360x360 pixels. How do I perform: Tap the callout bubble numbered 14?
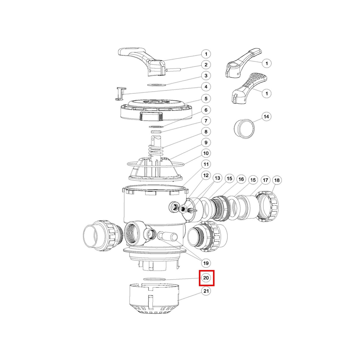[266, 116]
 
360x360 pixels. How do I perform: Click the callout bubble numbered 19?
[206, 263]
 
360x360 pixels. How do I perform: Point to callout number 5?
[206, 98]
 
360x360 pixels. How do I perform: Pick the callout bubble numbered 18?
[277, 180]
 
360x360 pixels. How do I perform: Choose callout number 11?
[206, 164]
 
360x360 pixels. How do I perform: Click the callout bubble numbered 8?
[206, 132]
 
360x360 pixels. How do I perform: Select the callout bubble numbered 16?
[241, 179]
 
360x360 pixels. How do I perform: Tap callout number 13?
[217, 178]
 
